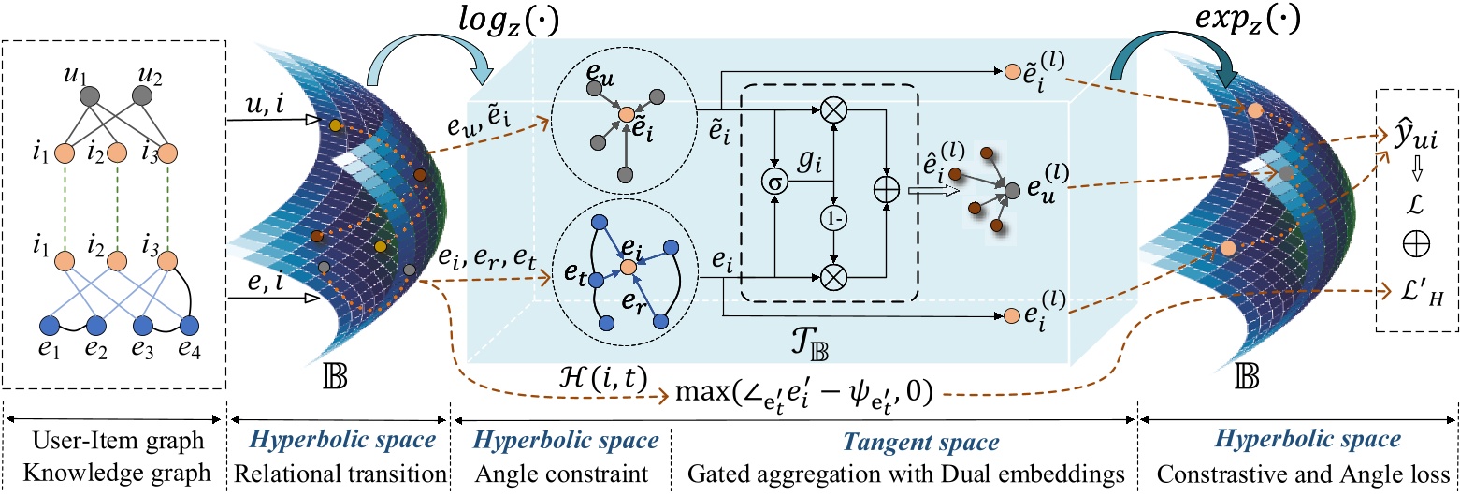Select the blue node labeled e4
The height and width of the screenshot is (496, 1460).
[190, 327]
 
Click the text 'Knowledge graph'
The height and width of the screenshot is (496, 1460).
[115, 474]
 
